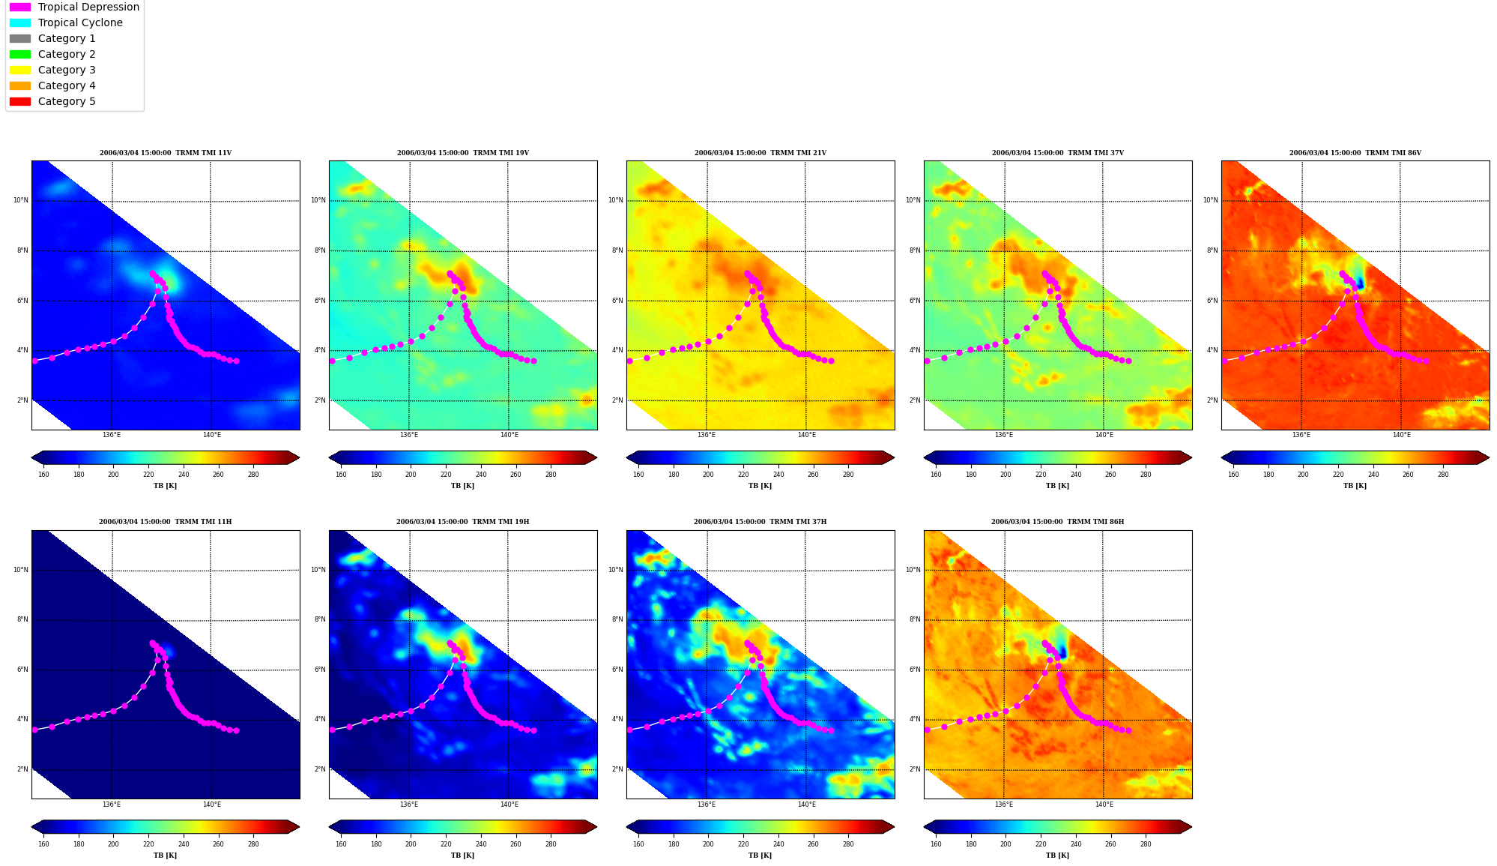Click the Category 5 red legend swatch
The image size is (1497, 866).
click(x=20, y=101)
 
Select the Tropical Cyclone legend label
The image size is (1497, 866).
click(x=80, y=22)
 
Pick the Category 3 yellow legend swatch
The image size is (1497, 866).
click(x=20, y=70)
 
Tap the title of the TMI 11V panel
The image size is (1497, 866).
click(x=166, y=153)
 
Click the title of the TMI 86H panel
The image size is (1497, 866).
click(x=1057, y=522)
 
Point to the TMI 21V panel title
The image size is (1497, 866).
click(x=760, y=153)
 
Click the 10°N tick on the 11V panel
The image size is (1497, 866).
click(x=20, y=200)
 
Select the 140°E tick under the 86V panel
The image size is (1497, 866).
click(x=1401, y=435)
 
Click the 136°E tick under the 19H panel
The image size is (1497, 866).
click(x=409, y=805)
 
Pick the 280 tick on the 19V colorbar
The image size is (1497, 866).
click(x=551, y=474)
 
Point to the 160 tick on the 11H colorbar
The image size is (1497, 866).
click(x=43, y=844)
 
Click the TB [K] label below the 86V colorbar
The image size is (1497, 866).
click(x=1355, y=486)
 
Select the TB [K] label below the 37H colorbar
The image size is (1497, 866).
click(x=760, y=856)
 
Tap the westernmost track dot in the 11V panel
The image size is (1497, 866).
click(x=34, y=361)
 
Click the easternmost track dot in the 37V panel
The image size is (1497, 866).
click(x=1128, y=361)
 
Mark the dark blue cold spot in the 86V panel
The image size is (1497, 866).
click(x=1360, y=283)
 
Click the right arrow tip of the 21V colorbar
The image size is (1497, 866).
click(x=894, y=457)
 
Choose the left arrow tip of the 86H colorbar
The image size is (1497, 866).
click(x=924, y=827)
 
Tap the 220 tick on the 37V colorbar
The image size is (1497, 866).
click(x=1041, y=474)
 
